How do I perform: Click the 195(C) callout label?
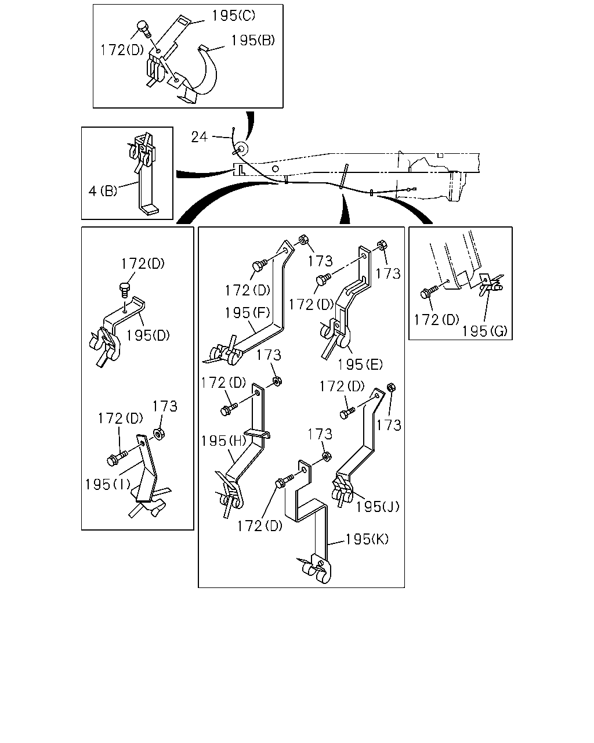[x=233, y=16]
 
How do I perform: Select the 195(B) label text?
[x=253, y=41]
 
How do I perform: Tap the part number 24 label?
[x=199, y=137]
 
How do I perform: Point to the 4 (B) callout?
[x=103, y=190]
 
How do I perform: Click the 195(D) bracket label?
[x=148, y=336]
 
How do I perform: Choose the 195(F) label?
[x=247, y=313]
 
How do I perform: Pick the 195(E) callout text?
[x=360, y=365]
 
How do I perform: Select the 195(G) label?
[x=484, y=331]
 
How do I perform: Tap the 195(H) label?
[x=223, y=441]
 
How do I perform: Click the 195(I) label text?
[x=108, y=484]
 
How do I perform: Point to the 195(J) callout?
[x=377, y=507]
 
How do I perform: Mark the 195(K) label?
[x=367, y=539]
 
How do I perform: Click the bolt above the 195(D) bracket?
[x=124, y=289]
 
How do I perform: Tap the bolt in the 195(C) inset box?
[x=144, y=29]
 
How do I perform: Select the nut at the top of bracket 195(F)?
[x=303, y=239]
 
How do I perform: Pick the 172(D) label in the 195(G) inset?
[x=436, y=320]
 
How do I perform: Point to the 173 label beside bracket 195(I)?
[x=165, y=406]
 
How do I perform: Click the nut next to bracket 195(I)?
[x=159, y=434]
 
